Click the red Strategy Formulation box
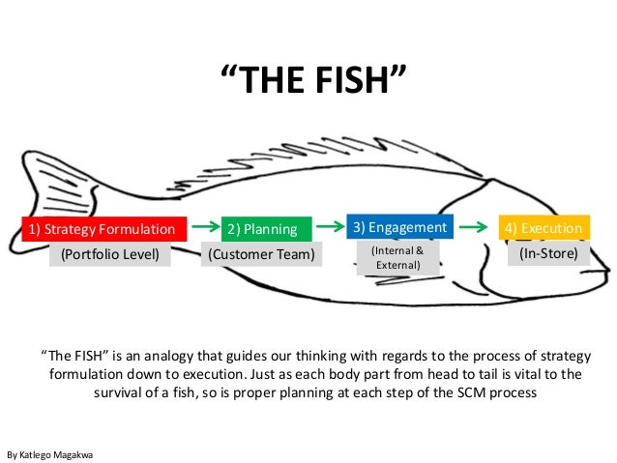coord(103,229)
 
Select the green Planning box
coord(256,229)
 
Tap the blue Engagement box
coord(399,226)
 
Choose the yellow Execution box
coord(543,228)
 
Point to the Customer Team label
coord(261,254)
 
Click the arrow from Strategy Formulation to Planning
coord(204,226)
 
